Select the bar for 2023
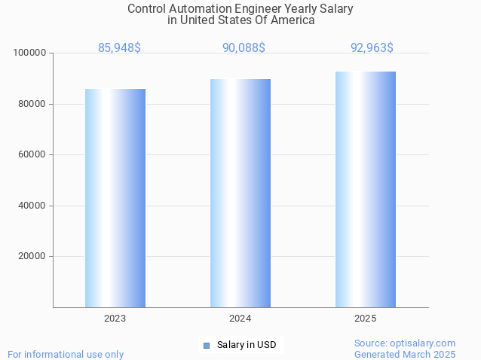115,197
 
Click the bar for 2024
240,193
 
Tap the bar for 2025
366,189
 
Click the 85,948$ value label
119,48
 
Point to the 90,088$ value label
244,48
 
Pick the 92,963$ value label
372,48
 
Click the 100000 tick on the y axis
30,53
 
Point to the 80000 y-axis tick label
32,104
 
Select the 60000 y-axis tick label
32,154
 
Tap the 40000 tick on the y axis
32,206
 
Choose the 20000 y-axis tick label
32,256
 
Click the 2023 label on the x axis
115,319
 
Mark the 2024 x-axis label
240,319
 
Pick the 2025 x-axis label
366,319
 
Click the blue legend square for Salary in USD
206,346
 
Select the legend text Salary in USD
247,346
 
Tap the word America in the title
291,20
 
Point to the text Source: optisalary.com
405,343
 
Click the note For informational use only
66,355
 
